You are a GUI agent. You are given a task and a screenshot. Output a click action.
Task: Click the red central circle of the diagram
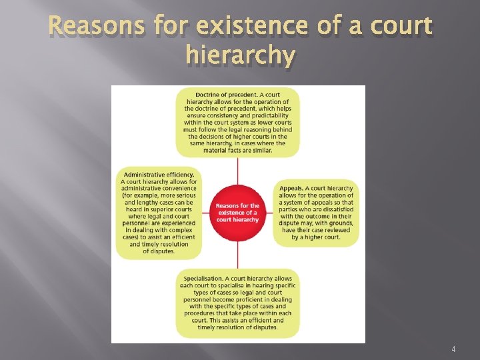point(237,213)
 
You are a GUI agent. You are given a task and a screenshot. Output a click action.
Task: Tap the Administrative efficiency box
point(159,213)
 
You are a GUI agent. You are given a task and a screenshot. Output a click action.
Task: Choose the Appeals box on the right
point(317,213)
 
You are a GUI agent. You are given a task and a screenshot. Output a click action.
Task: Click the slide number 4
point(453,349)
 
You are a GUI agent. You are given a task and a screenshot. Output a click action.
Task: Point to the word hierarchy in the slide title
point(239,57)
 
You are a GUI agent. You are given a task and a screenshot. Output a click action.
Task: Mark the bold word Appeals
point(293,188)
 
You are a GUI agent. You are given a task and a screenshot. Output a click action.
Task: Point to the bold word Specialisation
point(204,278)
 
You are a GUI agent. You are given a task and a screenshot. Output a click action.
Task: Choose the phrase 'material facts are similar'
point(237,150)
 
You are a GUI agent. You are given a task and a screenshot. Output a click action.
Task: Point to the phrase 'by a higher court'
point(315,237)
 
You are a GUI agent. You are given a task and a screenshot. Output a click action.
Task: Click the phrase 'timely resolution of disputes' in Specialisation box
point(237,327)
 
